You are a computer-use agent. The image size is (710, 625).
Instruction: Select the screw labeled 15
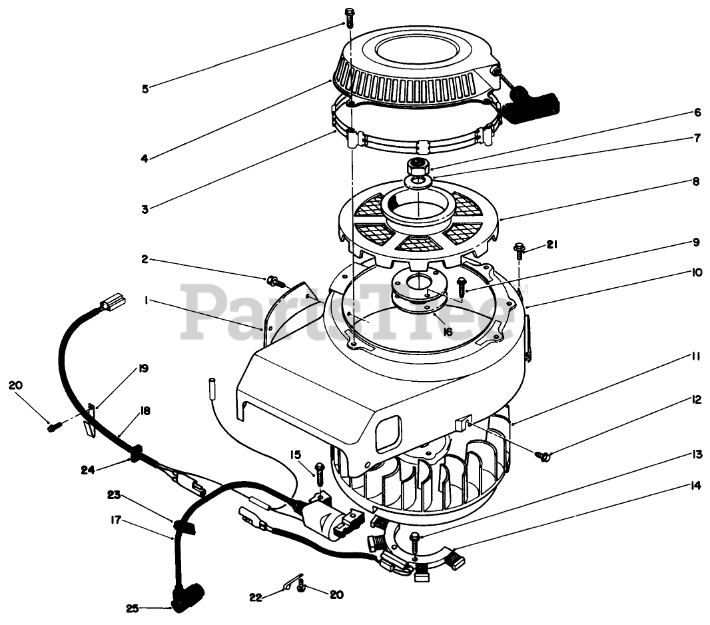[319, 470]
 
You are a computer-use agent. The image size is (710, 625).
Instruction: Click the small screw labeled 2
[275, 281]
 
